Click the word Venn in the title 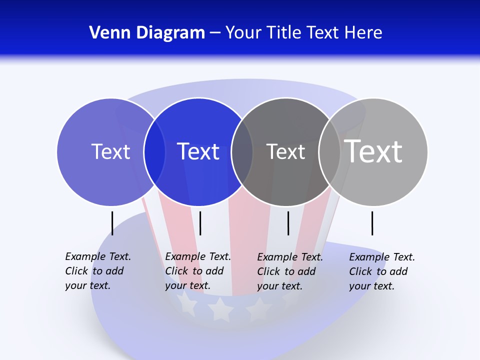(105, 32)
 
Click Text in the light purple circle (110, 151)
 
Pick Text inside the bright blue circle (198, 151)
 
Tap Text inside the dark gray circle (285, 151)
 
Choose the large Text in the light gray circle (373, 150)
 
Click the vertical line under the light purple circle (112, 223)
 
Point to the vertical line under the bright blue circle (200, 223)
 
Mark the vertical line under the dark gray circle (288, 223)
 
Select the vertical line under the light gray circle (372, 223)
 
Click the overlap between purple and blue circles (154, 152)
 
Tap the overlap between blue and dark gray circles (242, 152)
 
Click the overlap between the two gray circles (329, 152)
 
